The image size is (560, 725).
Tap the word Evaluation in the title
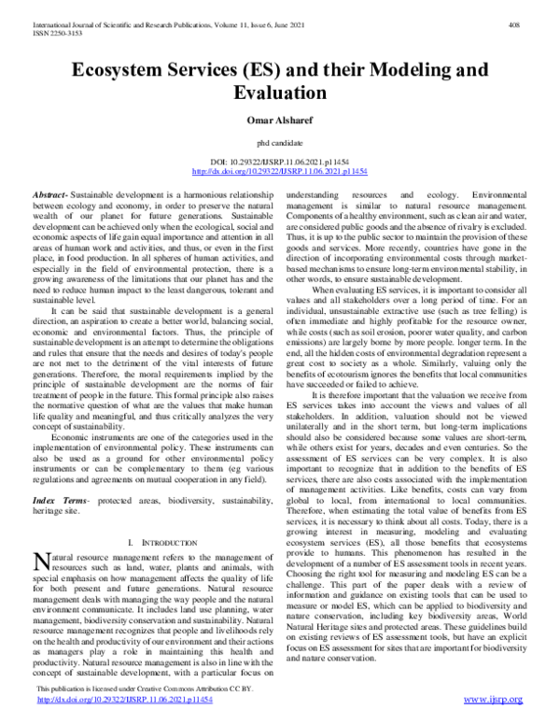click(280, 94)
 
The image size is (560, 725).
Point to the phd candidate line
click(280, 141)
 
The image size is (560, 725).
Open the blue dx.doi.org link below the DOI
click(280, 172)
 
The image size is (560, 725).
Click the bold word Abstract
click(52, 190)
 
